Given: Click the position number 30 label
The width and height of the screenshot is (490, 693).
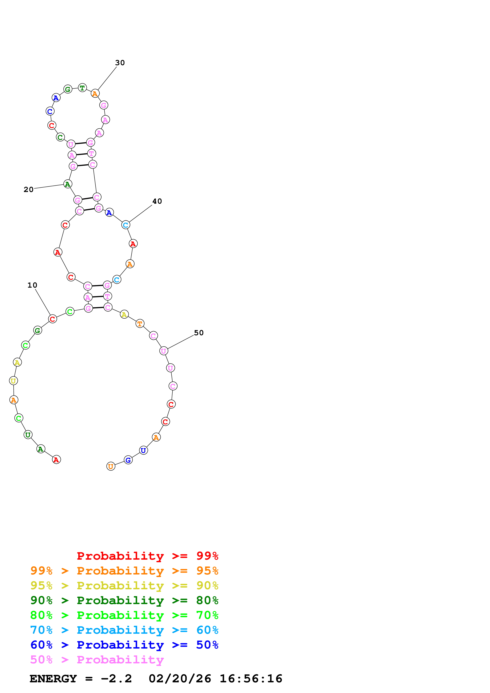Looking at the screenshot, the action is pos(120,63).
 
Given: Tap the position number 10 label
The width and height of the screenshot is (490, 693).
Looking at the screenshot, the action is pos(32,285).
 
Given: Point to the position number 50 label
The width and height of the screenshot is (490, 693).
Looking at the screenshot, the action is pos(199,333).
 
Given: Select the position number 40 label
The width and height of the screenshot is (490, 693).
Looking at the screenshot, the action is pos(157,201).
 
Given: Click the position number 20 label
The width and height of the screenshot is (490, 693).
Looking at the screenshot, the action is pos(29,190).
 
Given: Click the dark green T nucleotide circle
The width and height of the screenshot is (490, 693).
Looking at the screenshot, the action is pos(82,88).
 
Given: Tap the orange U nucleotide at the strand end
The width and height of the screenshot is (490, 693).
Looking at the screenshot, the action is pos(111,466).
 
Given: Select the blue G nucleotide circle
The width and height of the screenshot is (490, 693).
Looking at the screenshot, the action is pos(128,460).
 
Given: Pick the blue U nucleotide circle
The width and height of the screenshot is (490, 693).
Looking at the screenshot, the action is pos(144,450).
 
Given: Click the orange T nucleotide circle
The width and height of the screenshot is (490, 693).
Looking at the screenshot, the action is pos(140,324).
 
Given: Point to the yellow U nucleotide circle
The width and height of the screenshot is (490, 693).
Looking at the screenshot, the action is pos(13,381).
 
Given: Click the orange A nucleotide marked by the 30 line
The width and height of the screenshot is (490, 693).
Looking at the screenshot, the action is pos(95,94).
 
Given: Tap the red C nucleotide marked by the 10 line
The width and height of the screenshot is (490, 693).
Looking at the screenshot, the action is pos(53,319).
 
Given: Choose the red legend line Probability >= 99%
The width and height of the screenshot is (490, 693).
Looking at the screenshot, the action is pos(147,556).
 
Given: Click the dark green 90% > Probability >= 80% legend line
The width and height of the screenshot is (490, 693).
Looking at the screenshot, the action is pos(124,601).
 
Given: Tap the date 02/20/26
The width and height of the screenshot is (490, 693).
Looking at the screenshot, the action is pos(180,679).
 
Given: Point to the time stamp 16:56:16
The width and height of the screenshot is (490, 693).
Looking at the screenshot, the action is pos(251,679).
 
